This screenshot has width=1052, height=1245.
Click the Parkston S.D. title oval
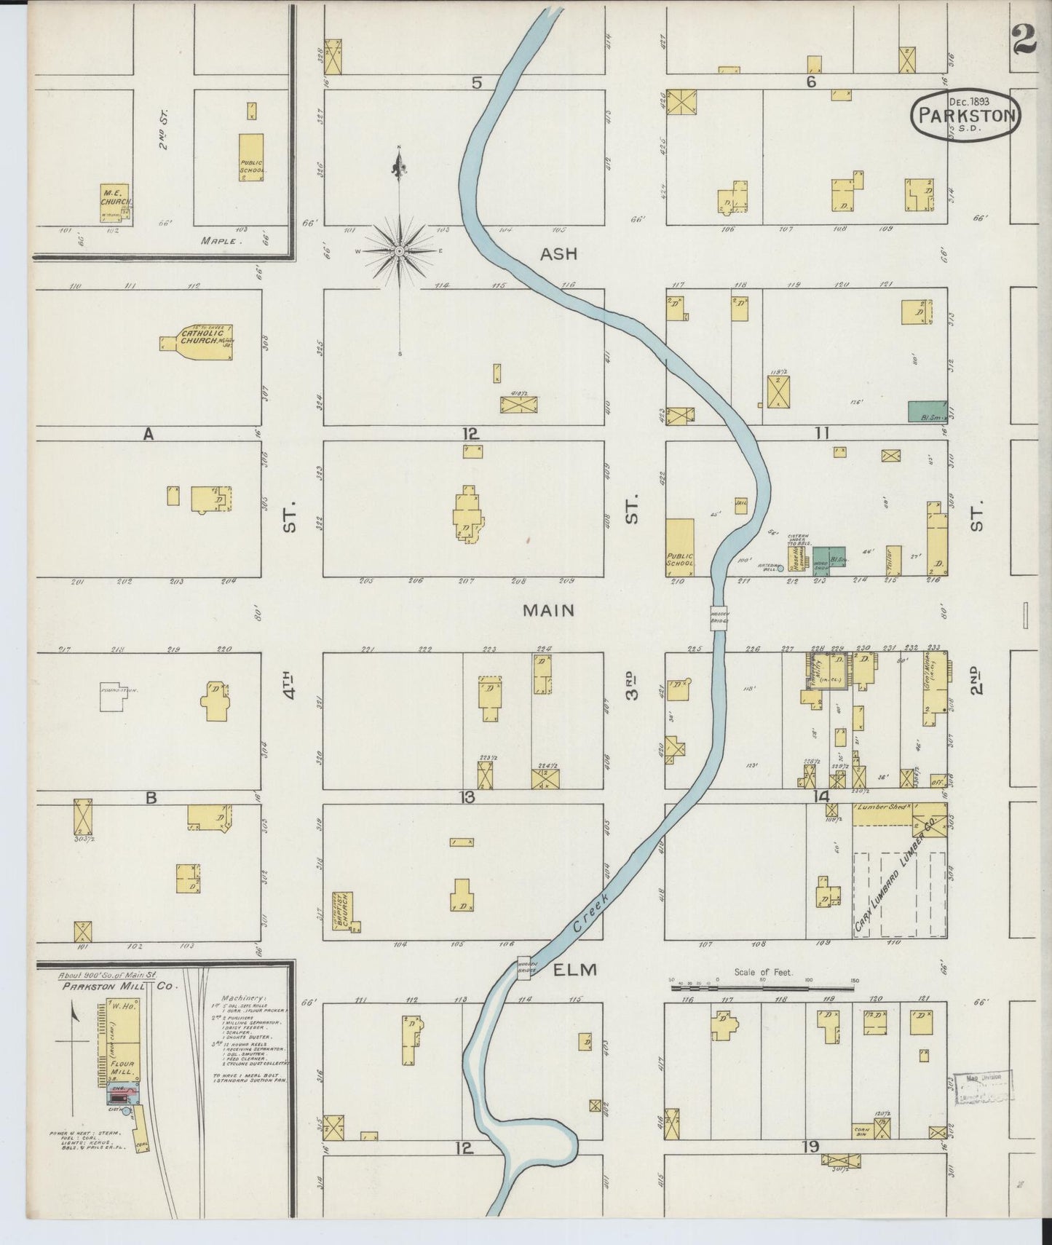click(965, 115)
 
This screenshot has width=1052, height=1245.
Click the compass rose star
click(399, 251)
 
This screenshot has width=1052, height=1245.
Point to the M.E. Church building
click(114, 203)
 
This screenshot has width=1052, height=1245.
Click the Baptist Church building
click(343, 910)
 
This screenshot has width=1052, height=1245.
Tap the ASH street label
click(558, 254)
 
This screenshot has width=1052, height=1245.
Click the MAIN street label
click(548, 610)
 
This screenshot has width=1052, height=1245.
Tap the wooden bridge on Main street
click(720, 617)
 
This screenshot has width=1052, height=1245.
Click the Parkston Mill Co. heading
click(111, 987)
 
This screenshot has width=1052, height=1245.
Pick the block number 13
click(466, 797)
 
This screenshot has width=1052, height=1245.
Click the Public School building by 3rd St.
click(680, 548)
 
